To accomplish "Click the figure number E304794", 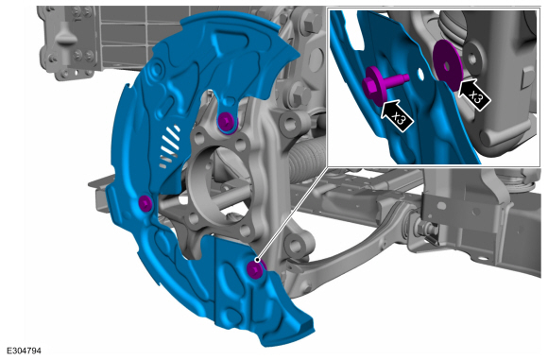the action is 24,351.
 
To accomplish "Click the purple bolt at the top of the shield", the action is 227,122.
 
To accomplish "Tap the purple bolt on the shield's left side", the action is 146,203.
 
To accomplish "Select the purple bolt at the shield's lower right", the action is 255,269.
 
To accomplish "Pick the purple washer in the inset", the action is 448,65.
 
